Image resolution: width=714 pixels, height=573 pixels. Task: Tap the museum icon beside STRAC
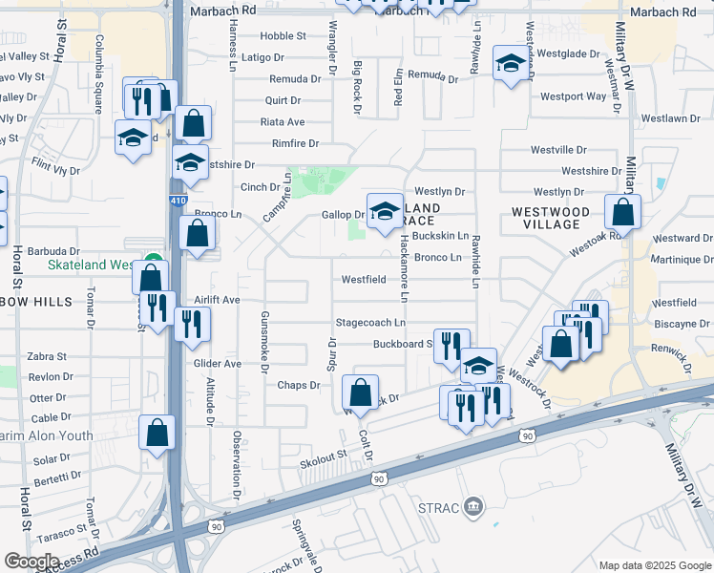pyautogui.click(x=472, y=507)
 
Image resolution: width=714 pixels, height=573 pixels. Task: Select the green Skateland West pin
pyautogui.click(x=152, y=264)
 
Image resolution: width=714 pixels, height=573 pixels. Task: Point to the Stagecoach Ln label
pyautogui.click(x=370, y=323)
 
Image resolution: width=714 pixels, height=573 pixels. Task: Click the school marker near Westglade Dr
pyautogui.click(x=511, y=64)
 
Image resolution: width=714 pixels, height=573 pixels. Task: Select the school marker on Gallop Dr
pyautogui.click(x=385, y=211)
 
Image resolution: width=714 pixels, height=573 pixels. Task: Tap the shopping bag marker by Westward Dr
pyautogui.click(x=622, y=212)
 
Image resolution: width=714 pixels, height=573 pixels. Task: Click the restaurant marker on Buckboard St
pyautogui.click(x=451, y=346)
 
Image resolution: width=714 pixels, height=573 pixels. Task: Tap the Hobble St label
pyautogui.click(x=283, y=36)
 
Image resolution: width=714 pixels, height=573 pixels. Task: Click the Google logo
pyautogui.click(x=31, y=562)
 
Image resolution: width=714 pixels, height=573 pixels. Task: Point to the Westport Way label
pyautogui.click(x=573, y=96)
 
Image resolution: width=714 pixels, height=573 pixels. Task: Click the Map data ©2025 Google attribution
pyautogui.click(x=654, y=564)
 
